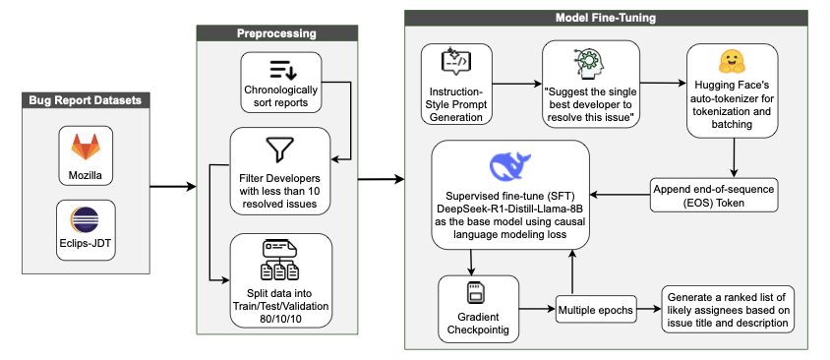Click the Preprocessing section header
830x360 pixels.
tap(276, 33)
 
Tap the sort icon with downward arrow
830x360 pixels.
tap(281, 69)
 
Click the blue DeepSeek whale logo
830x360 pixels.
tap(509, 164)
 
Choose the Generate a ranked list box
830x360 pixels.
tap(727, 310)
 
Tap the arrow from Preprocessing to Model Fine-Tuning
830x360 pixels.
tap(379, 179)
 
